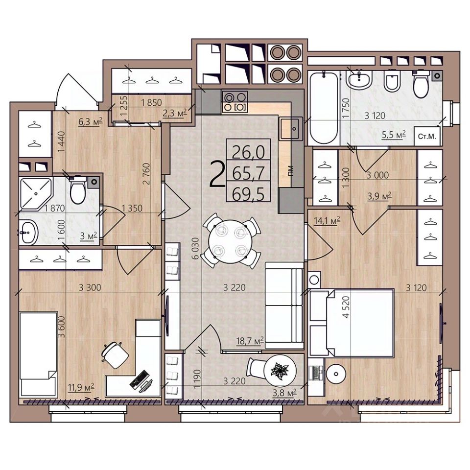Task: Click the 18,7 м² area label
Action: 250,341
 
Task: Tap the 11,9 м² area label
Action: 81,387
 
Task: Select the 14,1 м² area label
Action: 327,221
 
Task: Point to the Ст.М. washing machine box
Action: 427,137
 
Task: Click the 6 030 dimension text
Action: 195,249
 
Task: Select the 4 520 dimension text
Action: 346,307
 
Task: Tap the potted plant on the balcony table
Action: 280,371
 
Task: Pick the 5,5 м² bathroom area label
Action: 394,135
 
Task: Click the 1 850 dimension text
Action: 151,102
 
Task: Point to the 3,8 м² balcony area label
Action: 284,393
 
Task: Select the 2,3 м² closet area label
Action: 175,113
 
